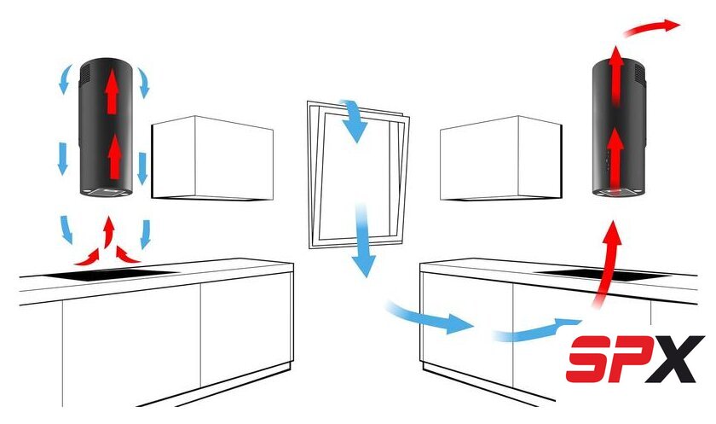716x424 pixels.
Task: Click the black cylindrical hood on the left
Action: pyautogui.click(x=107, y=127)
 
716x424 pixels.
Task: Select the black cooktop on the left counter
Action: pyautogui.click(x=109, y=274)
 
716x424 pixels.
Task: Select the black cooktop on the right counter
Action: pyautogui.click(x=603, y=274)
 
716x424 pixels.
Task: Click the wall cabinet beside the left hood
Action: pyautogui.click(x=212, y=158)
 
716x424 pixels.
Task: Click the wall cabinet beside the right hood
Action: pyautogui.click(x=501, y=158)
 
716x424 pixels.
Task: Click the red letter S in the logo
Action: pyautogui.click(x=589, y=358)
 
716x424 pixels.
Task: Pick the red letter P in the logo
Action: pyautogui.click(x=630, y=358)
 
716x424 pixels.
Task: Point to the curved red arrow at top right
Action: pyautogui.click(x=652, y=27)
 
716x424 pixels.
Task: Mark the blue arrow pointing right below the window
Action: pyautogui.click(x=430, y=317)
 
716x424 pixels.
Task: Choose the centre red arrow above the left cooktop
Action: pyautogui.click(x=108, y=231)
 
